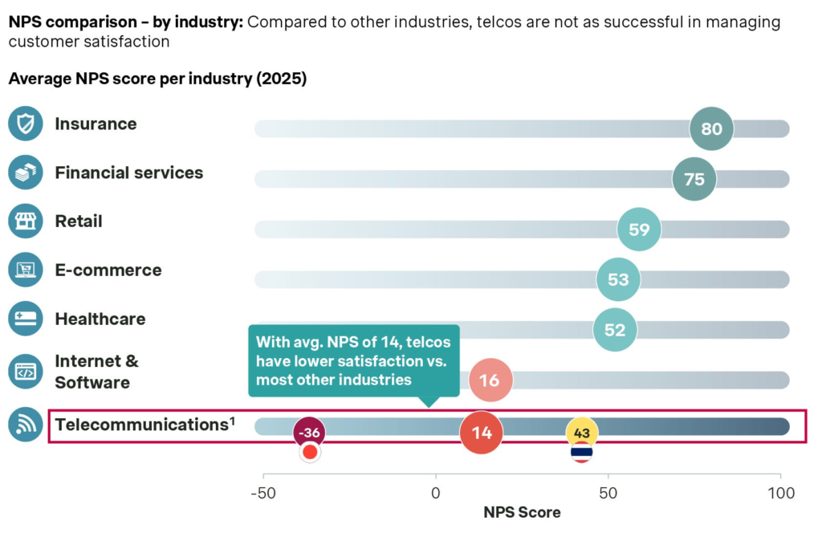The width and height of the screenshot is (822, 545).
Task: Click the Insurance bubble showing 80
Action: click(711, 128)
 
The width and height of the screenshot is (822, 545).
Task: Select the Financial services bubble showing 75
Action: click(694, 179)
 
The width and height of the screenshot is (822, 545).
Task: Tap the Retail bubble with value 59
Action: click(639, 230)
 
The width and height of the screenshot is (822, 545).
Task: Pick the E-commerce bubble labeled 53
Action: click(618, 279)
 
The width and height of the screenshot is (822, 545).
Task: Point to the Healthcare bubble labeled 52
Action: click(614, 329)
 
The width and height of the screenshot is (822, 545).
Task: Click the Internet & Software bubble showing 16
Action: click(490, 380)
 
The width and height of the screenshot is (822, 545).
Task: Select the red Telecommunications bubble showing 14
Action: click(482, 433)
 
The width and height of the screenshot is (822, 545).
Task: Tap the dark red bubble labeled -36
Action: click(310, 432)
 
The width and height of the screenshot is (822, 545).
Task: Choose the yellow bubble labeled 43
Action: click(582, 433)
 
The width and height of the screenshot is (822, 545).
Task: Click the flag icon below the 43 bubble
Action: click(582, 453)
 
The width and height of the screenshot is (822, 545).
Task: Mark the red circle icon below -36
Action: click(310, 453)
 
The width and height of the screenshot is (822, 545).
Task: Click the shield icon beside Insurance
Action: click(25, 124)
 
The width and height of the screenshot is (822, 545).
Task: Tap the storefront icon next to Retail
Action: click(25, 221)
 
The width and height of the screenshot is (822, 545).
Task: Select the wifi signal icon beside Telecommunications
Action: click(25, 425)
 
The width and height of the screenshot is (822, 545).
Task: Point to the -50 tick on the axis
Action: click(263, 493)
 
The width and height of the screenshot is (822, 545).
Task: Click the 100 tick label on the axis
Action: click(780, 493)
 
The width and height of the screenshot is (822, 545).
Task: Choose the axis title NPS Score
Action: click(522, 512)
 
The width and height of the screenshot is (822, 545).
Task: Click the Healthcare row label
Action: click(100, 319)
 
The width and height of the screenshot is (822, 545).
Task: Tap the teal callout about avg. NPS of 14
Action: click(354, 360)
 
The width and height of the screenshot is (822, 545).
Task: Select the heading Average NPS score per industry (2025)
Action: click(157, 79)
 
